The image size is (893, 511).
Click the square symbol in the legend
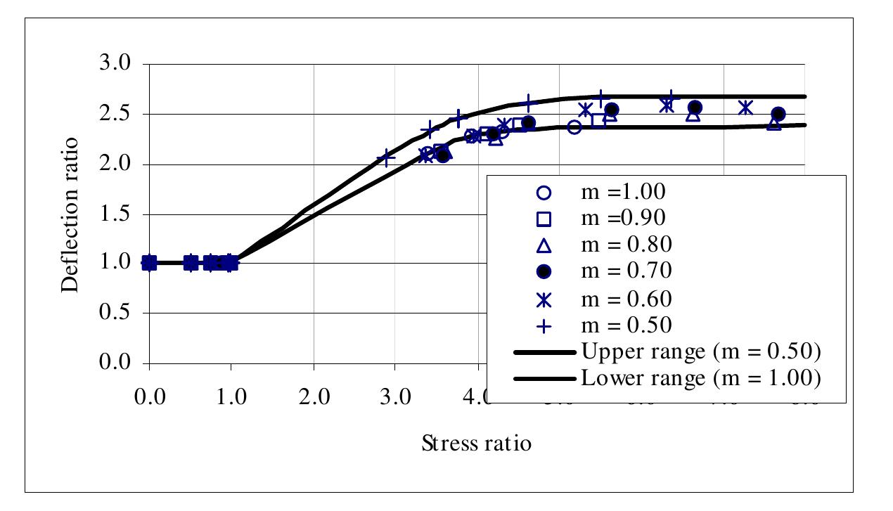point(544,219)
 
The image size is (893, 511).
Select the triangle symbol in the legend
point(544,245)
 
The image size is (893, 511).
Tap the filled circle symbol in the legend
point(544,272)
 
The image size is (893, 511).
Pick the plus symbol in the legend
point(544,326)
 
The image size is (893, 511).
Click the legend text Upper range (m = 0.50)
point(701,351)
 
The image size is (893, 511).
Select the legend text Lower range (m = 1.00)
point(701,379)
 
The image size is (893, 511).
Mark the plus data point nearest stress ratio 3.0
point(386,158)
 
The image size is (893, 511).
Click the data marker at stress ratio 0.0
point(149,263)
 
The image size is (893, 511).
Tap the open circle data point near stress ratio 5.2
point(574,127)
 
